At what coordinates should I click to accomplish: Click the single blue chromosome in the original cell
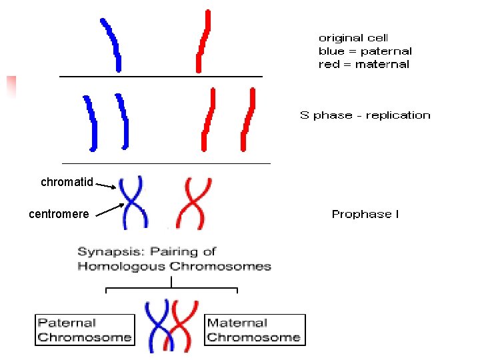[x=112, y=44]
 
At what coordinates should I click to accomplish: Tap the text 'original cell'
[x=353, y=38]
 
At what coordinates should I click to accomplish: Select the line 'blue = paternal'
[x=365, y=51]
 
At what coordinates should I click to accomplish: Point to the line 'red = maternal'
[x=363, y=65]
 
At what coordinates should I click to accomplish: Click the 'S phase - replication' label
[x=365, y=115]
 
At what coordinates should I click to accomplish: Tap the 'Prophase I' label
[x=365, y=214]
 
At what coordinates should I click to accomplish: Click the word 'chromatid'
[x=67, y=182]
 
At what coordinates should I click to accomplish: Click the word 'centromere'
[x=59, y=214]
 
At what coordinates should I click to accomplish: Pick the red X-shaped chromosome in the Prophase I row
[x=194, y=202]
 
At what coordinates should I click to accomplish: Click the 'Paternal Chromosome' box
[x=84, y=330]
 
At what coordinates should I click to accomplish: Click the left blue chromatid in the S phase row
[x=89, y=122]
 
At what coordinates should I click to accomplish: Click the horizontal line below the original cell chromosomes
[x=161, y=77]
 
